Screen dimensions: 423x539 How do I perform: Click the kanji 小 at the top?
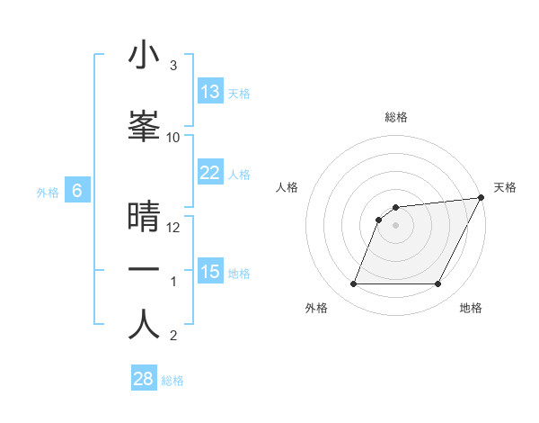tap(144, 56)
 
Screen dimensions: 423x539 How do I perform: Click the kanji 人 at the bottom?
tap(144, 324)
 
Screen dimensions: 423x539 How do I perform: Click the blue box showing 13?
tap(210, 92)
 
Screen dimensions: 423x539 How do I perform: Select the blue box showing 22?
tap(210, 173)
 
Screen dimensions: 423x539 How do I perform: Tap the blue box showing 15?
tap(210, 272)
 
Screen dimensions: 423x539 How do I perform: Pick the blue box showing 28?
tap(144, 379)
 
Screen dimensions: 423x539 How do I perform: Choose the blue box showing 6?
tap(78, 191)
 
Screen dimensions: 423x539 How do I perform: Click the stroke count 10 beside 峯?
tap(173, 138)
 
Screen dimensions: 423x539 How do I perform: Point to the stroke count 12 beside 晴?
tap(173, 228)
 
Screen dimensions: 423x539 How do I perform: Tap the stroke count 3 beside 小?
tap(173, 66)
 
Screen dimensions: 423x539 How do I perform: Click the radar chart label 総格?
tap(396, 117)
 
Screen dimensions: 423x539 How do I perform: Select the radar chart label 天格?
tap(505, 187)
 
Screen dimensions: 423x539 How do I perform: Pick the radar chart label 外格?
tap(316, 309)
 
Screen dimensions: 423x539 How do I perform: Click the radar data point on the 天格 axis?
tap(482, 198)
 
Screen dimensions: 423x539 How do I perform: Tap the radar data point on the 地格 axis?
tap(438, 284)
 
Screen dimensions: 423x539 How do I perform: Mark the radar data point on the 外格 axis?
tap(353, 284)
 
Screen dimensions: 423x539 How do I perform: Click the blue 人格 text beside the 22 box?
tap(239, 174)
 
